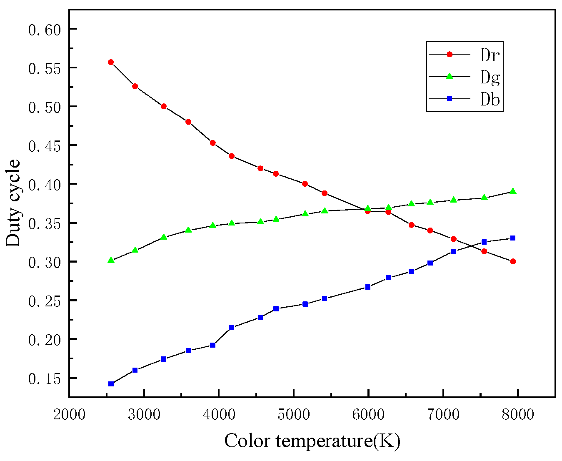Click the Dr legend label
click(x=490, y=55)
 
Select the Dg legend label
click(x=490, y=77)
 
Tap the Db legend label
click(x=490, y=99)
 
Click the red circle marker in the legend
click(x=450, y=54)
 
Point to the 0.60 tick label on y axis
click(x=45, y=30)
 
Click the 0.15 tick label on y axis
click(x=45, y=378)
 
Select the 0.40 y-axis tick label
click(x=45, y=185)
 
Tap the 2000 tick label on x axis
click(x=69, y=414)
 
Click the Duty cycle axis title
click(x=13, y=203)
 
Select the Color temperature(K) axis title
click(x=312, y=441)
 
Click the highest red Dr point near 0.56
click(x=111, y=62)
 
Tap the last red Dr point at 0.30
click(x=513, y=261)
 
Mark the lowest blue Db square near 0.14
click(x=111, y=384)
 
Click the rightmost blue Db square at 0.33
click(x=513, y=238)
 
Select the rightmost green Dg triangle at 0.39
click(x=513, y=191)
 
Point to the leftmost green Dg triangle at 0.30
click(x=111, y=260)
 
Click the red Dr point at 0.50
click(x=164, y=106)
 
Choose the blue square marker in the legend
click(x=450, y=99)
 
